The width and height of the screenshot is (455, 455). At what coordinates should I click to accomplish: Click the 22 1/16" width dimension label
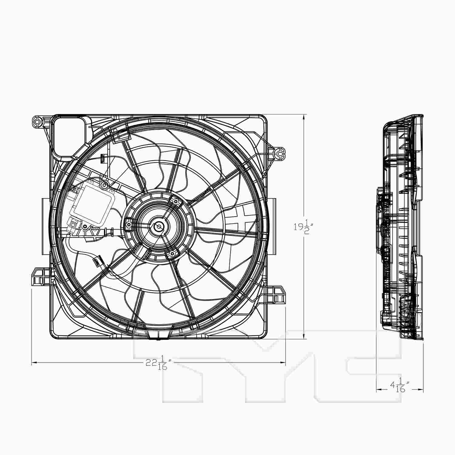click(158, 363)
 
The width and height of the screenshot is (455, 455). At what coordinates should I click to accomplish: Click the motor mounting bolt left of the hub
click(129, 224)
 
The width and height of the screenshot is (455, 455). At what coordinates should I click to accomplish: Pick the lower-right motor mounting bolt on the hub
click(172, 253)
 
